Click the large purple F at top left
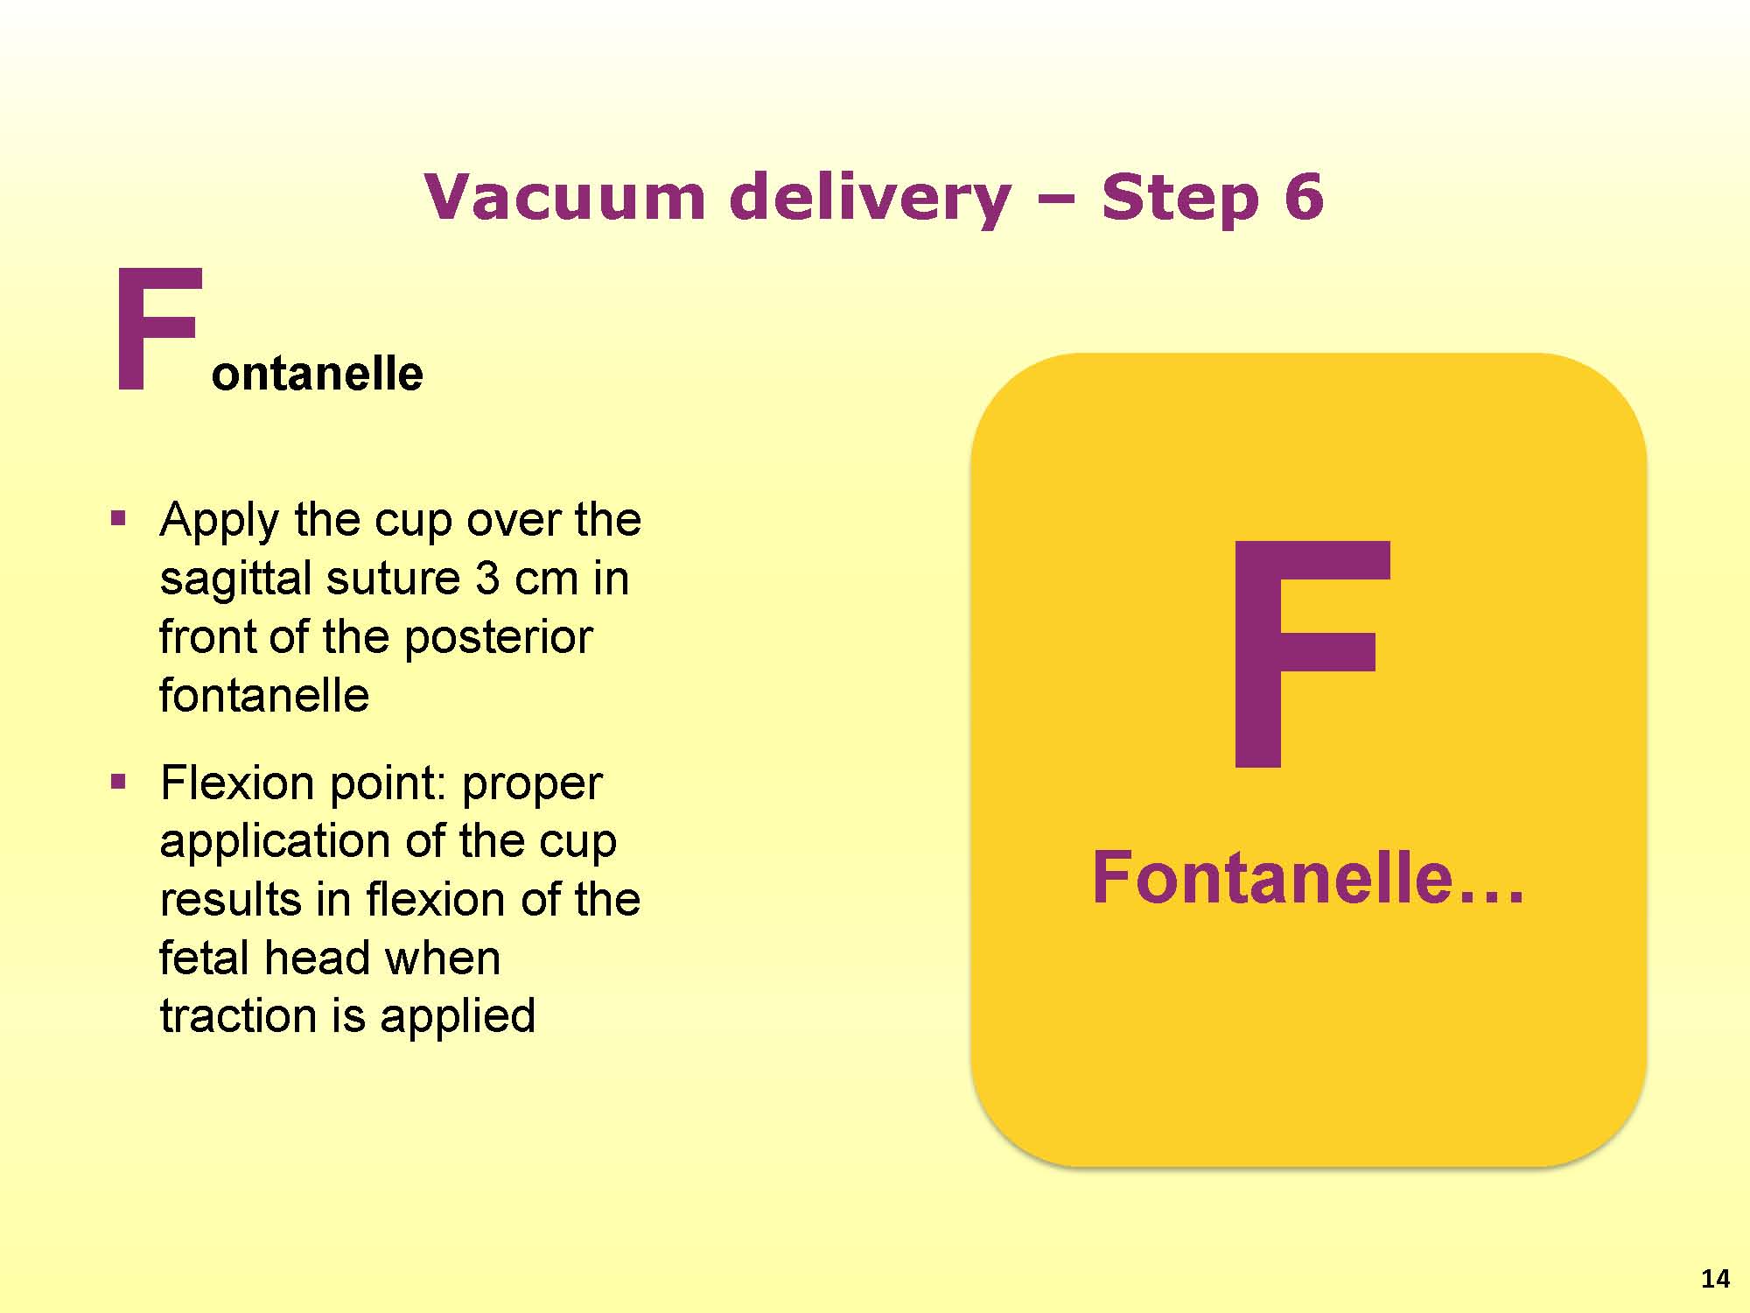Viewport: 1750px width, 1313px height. [x=157, y=329]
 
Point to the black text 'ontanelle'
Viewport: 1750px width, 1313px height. [x=318, y=374]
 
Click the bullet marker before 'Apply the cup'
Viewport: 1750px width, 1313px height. [x=118, y=518]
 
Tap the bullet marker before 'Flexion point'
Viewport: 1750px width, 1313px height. [x=118, y=781]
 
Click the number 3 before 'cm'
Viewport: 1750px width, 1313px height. [x=487, y=579]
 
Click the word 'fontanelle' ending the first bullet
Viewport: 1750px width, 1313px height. [x=264, y=695]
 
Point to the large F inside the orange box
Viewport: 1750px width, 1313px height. [x=1309, y=654]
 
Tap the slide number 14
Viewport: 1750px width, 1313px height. [x=1715, y=1279]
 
